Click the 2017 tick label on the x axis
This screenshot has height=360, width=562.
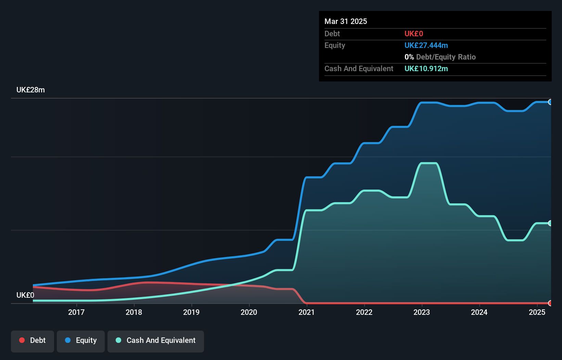click(x=76, y=312)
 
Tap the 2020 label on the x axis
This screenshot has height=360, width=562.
click(x=249, y=312)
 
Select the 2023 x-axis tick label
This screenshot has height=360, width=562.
click(x=421, y=312)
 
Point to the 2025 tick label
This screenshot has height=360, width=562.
click(x=537, y=312)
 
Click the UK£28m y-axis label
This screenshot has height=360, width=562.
click(x=30, y=90)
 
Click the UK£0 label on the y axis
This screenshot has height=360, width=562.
click(x=25, y=295)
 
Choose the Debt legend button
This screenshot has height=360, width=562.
click(x=33, y=340)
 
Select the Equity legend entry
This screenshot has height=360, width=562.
click(x=81, y=340)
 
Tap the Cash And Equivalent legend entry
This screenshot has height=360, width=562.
click(x=156, y=340)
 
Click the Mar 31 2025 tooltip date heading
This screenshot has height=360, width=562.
click(x=346, y=21)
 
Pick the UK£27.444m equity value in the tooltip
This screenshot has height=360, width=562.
click(x=426, y=46)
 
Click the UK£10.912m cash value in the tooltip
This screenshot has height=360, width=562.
click(x=426, y=69)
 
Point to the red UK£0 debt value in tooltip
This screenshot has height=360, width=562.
click(x=413, y=34)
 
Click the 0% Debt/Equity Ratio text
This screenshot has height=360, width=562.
click(x=440, y=57)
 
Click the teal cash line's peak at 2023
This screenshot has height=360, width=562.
click(x=429, y=163)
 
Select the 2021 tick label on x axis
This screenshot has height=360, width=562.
click(x=306, y=312)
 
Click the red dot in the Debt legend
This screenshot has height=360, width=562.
click(x=22, y=340)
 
